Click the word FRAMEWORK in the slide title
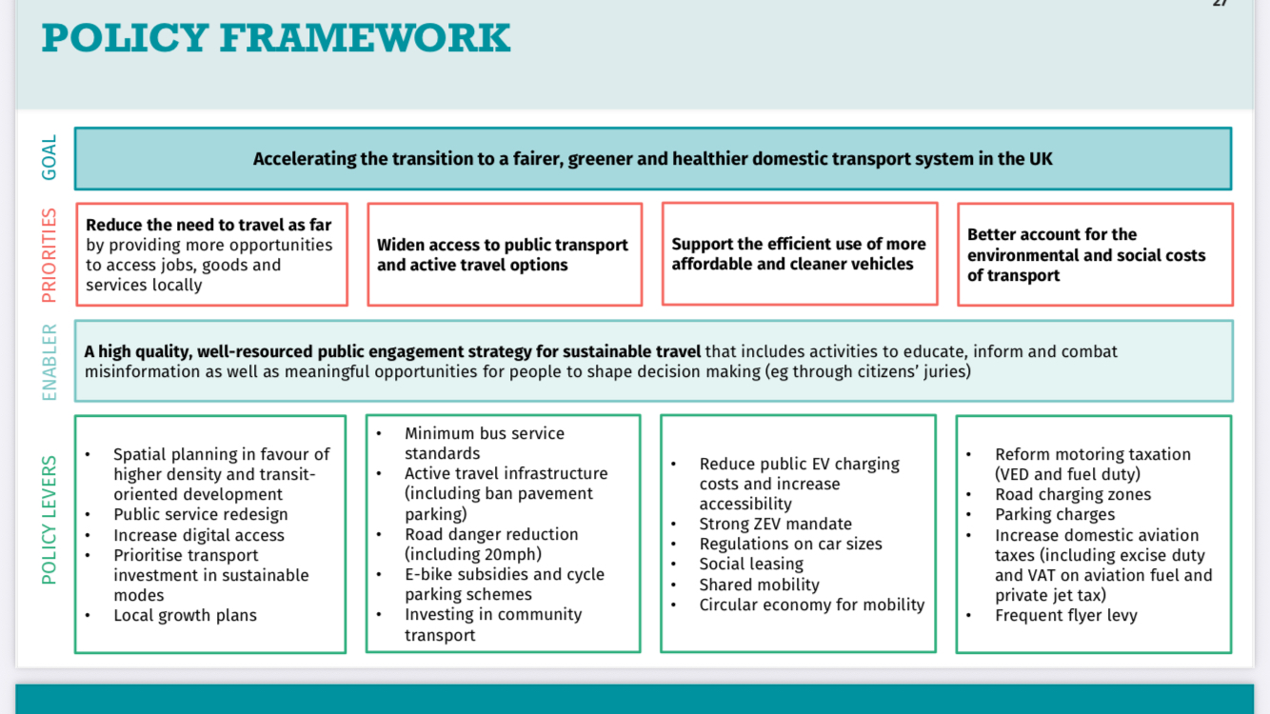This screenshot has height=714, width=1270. (365, 38)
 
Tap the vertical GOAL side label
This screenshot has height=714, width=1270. (50, 157)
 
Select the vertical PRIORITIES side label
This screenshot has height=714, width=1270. (50, 255)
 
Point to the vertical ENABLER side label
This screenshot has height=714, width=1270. (50, 362)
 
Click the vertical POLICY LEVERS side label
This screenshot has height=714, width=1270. (50, 520)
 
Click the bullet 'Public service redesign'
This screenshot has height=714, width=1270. (200, 515)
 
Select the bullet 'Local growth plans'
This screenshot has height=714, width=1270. (185, 616)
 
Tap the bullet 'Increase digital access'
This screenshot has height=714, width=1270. (198, 535)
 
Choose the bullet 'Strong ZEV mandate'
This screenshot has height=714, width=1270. (775, 525)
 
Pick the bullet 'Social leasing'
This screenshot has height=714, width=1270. (751, 565)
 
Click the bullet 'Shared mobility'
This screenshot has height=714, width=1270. (759, 585)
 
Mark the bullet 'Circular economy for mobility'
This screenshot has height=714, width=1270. (811, 605)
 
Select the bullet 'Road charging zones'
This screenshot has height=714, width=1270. (1073, 495)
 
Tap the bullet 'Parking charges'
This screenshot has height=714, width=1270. (1055, 515)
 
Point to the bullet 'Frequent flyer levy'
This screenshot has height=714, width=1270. (1065, 616)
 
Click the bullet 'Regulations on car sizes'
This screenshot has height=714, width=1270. (790, 545)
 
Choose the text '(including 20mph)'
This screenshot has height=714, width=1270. (472, 554)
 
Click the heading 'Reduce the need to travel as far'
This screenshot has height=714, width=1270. (208, 226)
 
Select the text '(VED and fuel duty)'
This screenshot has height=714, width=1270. (1067, 474)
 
